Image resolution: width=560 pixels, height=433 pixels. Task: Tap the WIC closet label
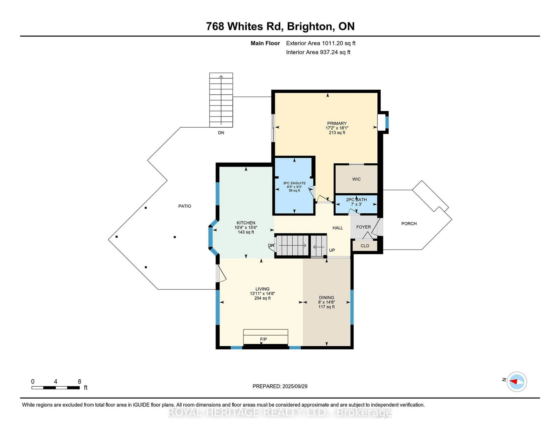[356, 179]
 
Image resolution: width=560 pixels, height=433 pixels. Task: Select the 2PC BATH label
[356, 200]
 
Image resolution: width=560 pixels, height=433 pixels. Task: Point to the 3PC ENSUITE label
[294, 183]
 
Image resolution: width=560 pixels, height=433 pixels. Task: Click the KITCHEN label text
[246, 223]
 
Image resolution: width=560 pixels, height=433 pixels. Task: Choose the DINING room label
[326, 298]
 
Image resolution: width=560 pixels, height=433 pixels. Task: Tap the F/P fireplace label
[263, 339]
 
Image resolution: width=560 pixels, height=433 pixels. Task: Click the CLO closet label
[365, 246]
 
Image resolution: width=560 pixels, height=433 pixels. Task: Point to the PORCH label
[409, 224]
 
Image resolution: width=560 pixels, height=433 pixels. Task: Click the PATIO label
[185, 206]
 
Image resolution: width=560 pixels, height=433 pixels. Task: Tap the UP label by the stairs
[332, 250]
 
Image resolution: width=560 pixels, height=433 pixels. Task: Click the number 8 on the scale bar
[79, 382]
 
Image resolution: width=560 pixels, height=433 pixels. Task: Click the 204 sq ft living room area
[262, 298]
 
